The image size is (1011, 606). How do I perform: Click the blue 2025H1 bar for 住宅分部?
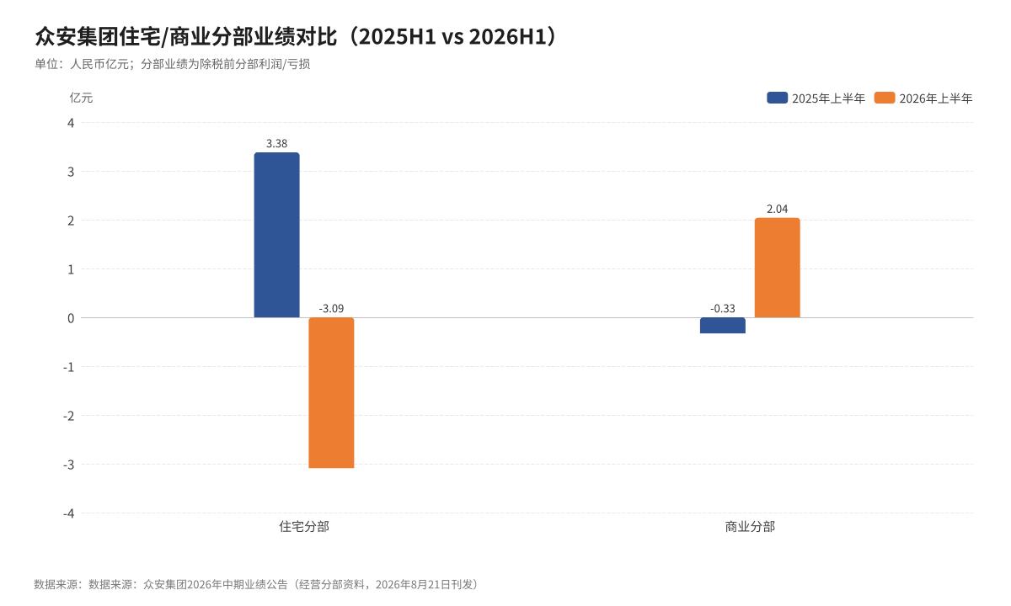(x=276, y=235)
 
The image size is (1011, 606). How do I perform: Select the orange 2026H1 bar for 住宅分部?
(x=331, y=393)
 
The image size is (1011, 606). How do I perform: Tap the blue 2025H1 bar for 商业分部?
(x=723, y=326)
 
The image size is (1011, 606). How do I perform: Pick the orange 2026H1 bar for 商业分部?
(x=777, y=268)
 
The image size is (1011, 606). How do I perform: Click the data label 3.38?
(x=276, y=144)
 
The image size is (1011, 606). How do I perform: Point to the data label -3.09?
(x=331, y=309)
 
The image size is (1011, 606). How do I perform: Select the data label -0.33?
(x=723, y=309)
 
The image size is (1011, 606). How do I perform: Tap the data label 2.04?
(x=777, y=210)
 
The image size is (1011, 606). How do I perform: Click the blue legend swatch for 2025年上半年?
(x=777, y=98)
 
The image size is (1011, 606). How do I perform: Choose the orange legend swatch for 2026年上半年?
(x=885, y=98)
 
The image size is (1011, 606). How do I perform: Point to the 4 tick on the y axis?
(x=71, y=123)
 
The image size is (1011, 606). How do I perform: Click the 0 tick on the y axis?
(x=71, y=318)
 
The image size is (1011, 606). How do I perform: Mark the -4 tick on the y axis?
(x=68, y=513)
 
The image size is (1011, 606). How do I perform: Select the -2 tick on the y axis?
(x=68, y=416)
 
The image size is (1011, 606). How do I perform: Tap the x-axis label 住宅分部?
(x=304, y=526)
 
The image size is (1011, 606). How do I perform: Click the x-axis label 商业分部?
(x=750, y=526)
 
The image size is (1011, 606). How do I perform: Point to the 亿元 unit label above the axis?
(x=81, y=98)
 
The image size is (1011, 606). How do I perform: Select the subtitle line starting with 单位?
(x=173, y=64)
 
